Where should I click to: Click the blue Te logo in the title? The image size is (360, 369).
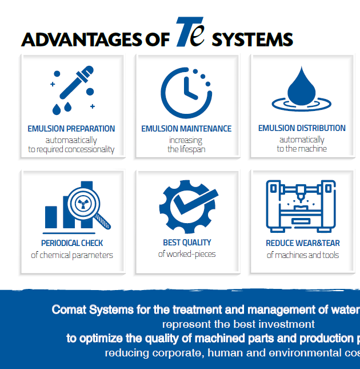(190, 32)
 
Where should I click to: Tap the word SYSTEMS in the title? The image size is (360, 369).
(253, 39)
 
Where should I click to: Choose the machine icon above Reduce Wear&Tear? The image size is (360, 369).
(301, 207)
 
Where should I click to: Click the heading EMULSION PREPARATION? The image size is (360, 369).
(71, 129)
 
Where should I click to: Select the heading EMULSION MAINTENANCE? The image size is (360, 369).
(186, 129)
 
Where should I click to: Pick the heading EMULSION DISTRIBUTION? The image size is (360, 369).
(302, 128)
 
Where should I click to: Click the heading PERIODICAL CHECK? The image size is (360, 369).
(72, 243)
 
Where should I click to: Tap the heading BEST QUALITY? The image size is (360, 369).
(187, 243)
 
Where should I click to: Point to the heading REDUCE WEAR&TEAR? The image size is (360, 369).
(303, 243)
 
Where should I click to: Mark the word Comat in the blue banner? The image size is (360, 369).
(69, 310)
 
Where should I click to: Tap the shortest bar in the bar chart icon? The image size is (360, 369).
(51, 217)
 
